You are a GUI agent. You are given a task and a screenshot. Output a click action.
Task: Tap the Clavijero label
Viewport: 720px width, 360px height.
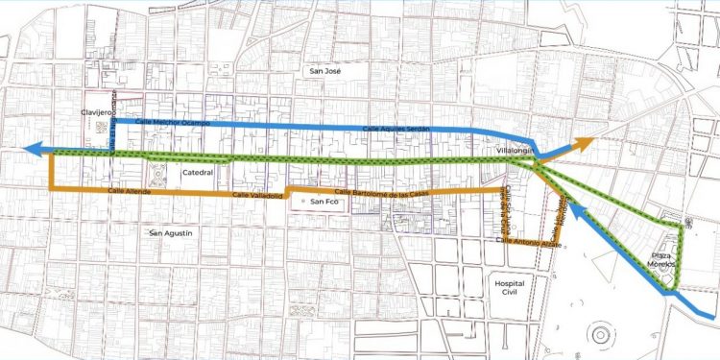coord(98,112)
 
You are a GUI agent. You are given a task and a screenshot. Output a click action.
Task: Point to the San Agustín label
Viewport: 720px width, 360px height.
coord(173,232)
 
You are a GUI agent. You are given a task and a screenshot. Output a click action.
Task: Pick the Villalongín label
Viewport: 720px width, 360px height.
coord(506,152)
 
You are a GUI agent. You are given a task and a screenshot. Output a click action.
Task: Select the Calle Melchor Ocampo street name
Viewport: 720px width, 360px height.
coord(173,123)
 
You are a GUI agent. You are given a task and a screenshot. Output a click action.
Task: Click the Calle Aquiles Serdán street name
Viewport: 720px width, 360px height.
coord(395,129)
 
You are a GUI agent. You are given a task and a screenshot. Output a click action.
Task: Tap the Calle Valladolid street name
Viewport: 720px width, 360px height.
coord(253,195)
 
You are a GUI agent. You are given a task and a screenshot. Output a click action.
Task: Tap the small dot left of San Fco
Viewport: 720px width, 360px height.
coord(303,203)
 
